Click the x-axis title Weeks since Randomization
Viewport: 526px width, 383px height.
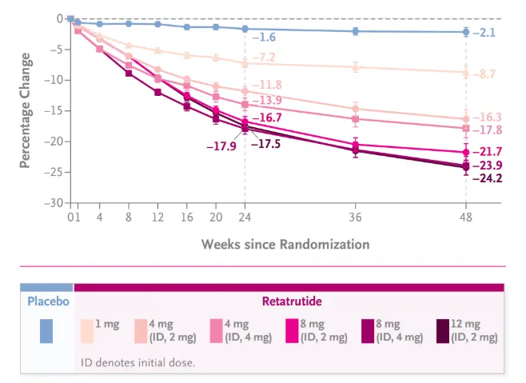click(x=285, y=243)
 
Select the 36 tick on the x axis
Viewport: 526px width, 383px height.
click(x=356, y=217)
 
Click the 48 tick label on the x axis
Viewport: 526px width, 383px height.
click(x=466, y=217)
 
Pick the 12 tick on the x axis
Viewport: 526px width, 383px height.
click(x=157, y=217)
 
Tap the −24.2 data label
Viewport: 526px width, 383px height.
click(x=487, y=178)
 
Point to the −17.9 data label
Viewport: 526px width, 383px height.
click(x=221, y=146)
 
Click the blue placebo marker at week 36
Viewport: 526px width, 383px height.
click(x=356, y=31)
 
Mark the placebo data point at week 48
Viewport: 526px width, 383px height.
click(x=466, y=32)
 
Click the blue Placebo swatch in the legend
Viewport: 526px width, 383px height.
click(x=46, y=331)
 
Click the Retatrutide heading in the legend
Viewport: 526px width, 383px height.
click(x=288, y=301)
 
